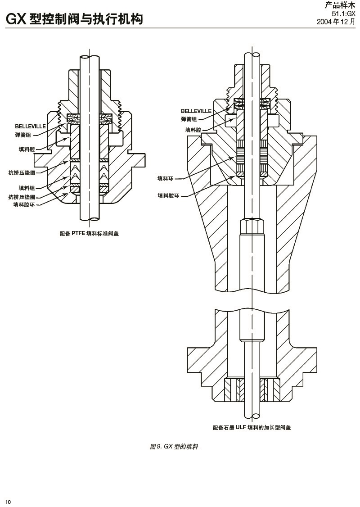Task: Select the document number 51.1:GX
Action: click(x=343, y=14)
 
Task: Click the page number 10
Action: click(x=8, y=502)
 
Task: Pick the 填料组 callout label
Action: click(x=27, y=188)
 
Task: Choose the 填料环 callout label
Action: click(x=165, y=179)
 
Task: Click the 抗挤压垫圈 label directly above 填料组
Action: click(x=22, y=172)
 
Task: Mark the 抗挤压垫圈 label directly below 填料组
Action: click(x=22, y=197)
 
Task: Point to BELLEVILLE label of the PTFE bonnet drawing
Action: click(x=30, y=127)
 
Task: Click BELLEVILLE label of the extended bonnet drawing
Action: click(x=196, y=111)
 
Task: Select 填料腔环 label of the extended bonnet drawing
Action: click(x=168, y=196)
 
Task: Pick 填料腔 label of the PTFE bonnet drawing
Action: click(x=27, y=149)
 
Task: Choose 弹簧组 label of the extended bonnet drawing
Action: click(x=189, y=119)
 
